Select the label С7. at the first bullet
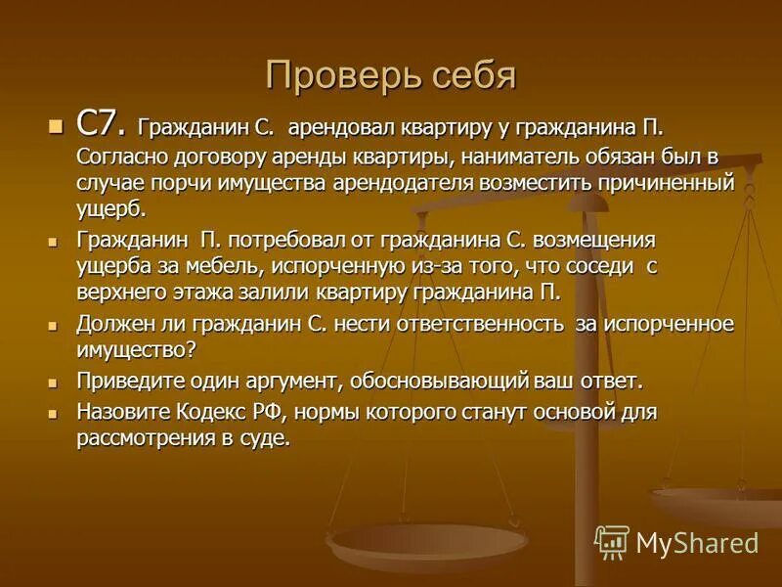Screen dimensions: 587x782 (101, 124)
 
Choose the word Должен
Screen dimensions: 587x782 (115, 324)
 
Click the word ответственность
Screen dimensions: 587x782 (464, 324)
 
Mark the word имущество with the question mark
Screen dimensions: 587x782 (138, 349)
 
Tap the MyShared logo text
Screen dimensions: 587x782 (697, 542)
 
